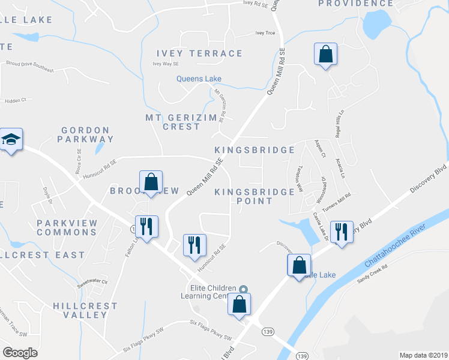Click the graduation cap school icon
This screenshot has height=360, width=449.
click(x=11, y=140)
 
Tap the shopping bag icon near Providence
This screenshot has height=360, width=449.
click(x=325, y=55)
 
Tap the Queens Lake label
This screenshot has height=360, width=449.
click(x=199, y=79)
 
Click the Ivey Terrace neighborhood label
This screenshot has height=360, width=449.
click(x=199, y=53)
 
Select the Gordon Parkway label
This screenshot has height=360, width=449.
click(x=85, y=134)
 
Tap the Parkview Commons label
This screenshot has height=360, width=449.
click(x=66, y=227)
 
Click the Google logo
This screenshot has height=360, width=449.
click(x=20, y=352)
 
